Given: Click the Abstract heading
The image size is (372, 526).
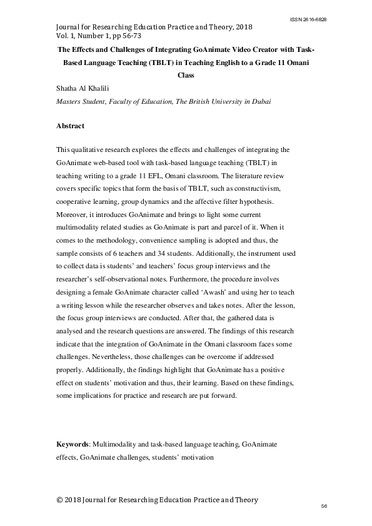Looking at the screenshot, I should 71,126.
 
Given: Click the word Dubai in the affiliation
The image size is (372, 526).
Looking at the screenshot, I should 259,100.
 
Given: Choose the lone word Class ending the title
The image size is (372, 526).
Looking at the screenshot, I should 186,76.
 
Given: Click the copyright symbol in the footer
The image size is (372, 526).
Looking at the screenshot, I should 60,500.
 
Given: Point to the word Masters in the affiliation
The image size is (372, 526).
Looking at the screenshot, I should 70,100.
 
